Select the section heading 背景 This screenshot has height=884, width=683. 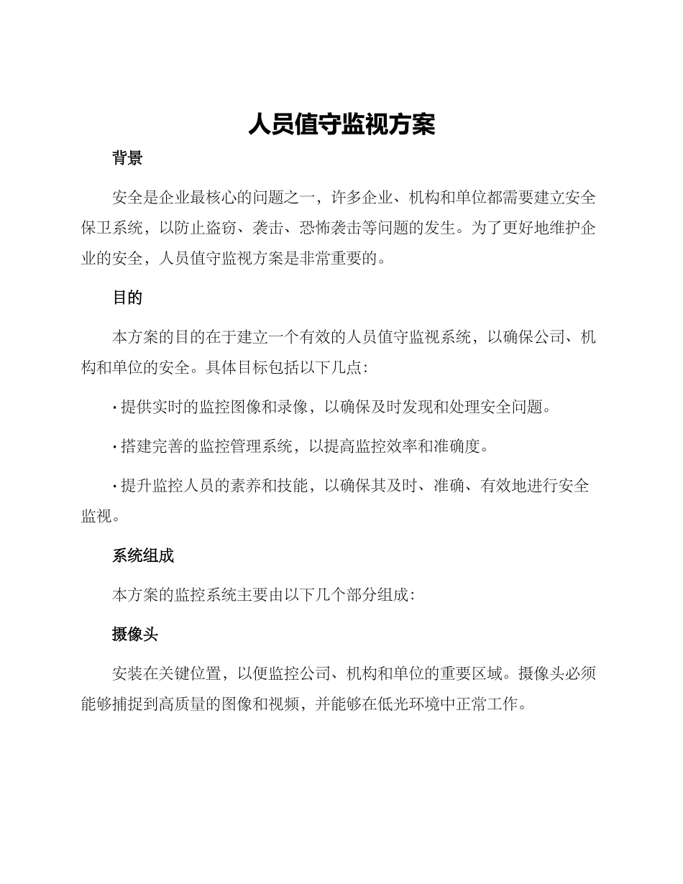tap(127, 159)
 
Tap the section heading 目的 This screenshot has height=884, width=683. tap(127, 298)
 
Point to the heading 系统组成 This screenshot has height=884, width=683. tap(143, 556)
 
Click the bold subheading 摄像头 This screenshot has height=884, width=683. tap(135, 635)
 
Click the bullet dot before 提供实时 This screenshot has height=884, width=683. tap(115, 408)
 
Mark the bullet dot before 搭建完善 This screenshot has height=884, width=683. tap(115, 447)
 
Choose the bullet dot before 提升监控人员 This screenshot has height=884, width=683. tap(115, 487)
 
